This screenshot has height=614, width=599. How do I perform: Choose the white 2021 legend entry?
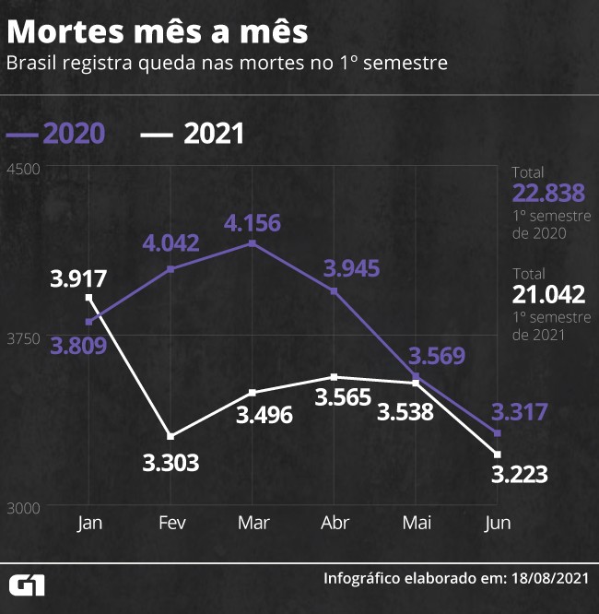[194, 133]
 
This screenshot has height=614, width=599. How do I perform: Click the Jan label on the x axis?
[90, 523]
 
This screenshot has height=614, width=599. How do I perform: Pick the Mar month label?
[253, 523]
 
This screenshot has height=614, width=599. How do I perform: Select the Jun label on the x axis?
[498, 523]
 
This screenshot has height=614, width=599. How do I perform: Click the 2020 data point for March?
[253, 243]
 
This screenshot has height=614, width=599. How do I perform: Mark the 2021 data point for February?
[171, 436]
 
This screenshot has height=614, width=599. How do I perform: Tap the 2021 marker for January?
[89, 298]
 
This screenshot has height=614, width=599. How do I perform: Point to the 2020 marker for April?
[334, 291]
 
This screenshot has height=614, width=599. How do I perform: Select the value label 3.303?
[170, 462]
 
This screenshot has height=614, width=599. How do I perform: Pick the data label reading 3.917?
[79, 277]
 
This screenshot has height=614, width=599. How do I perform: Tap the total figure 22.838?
[548, 193]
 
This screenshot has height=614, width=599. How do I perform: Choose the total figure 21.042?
[548, 294]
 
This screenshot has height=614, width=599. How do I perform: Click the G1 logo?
[28, 584]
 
